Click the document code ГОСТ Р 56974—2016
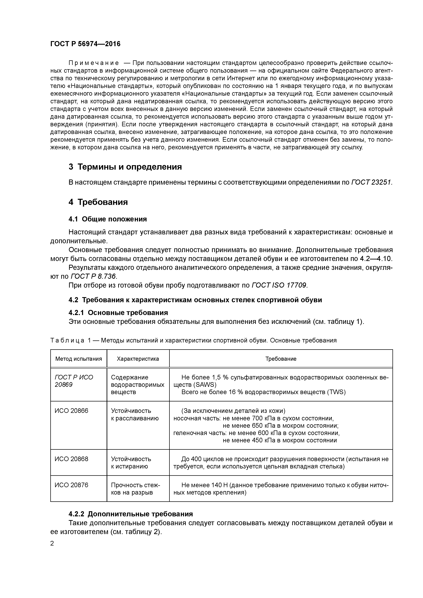click(85, 44)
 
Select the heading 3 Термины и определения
click(125, 167)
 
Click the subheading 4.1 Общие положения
click(108, 219)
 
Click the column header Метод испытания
click(78, 359)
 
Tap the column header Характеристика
click(138, 359)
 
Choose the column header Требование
click(281, 359)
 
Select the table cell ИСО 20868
click(71, 459)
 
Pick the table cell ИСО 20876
click(71, 485)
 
